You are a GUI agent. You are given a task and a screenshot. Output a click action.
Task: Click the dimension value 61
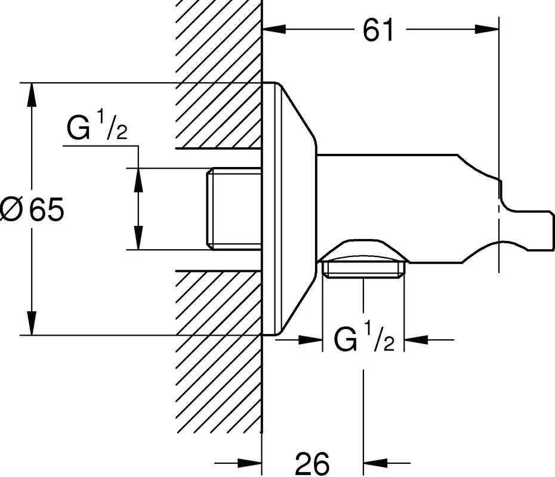tap(378, 29)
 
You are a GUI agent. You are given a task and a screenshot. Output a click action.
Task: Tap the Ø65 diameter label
tap(32, 209)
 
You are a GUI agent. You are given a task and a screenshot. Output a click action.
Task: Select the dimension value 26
tap(312, 463)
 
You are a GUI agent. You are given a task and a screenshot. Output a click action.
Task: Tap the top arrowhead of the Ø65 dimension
tap(32, 94)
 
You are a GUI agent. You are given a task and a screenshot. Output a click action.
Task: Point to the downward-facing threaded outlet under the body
tap(363, 268)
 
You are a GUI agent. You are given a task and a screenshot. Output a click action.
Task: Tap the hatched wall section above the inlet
tap(218, 75)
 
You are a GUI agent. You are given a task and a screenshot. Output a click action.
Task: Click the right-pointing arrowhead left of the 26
tap(250, 463)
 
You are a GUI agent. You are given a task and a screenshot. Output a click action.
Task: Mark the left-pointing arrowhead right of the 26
tap(375, 463)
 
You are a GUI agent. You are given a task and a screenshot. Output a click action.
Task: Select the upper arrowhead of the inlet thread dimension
tap(138, 179)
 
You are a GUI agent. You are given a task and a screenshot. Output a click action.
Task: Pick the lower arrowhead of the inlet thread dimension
tap(138, 238)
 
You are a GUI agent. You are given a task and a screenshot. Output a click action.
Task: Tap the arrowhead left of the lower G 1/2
tap(310, 340)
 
